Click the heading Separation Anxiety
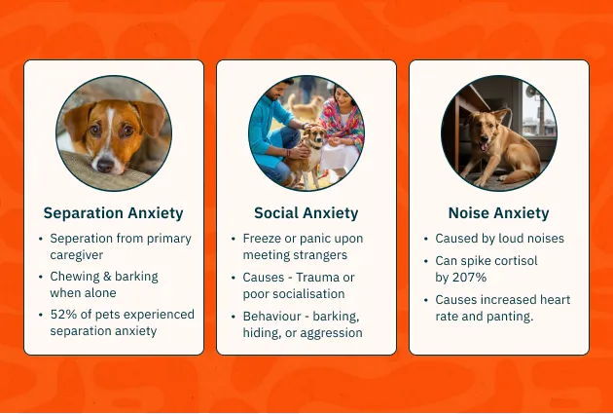pyautogui.click(x=114, y=213)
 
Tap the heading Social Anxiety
pyautogui.click(x=306, y=213)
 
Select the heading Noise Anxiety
pyautogui.click(x=498, y=213)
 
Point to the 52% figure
pyautogui.click(x=60, y=315)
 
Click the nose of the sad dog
pyautogui.click(x=105, y=166)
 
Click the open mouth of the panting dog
pyautogui.click(x=484, y=146)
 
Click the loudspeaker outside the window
pyautogui.click(x=531, y=93)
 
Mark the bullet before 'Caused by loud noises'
pyautogui.click(x=426, y=239)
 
